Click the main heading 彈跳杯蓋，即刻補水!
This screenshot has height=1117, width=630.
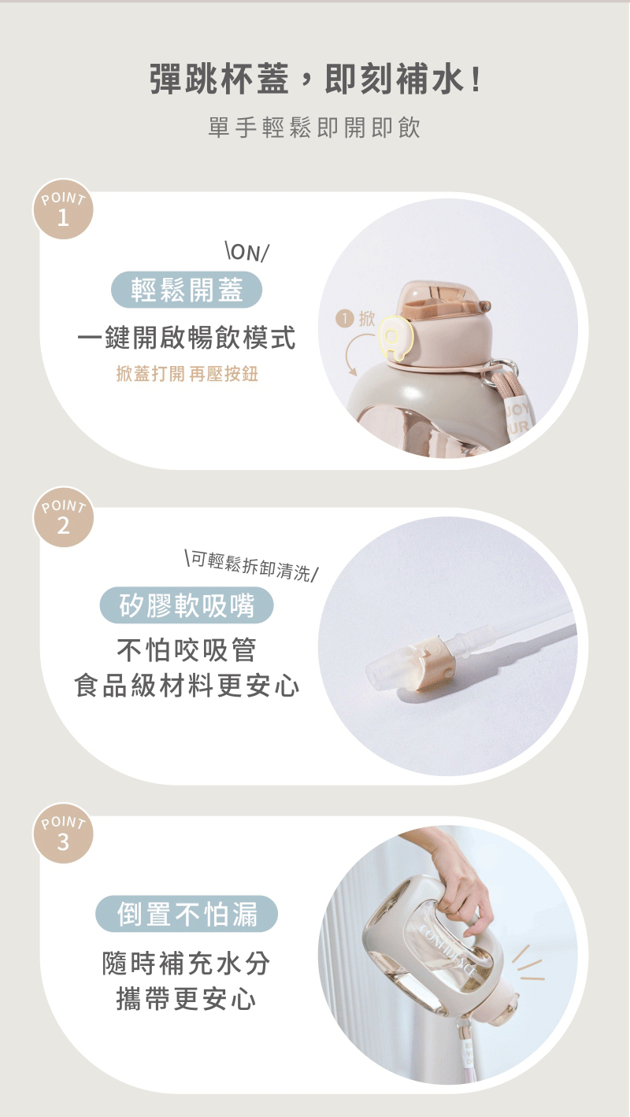pyautogui.click(x=315, y=79)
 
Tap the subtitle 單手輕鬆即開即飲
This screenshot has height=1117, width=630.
pyautogui.click(x=314, y=128)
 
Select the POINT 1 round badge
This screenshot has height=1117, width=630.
pyautogui.click(x=63, y=209)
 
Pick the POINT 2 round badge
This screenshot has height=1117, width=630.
pyautogui.click(x=63, y=516)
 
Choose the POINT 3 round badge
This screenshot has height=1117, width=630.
pyautogui.click(x=63, y=833)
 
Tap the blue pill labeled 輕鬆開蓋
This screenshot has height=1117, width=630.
pyautogui.click(x=187, y=290)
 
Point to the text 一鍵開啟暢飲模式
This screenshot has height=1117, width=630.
pyautogui.click(x=187, y=338)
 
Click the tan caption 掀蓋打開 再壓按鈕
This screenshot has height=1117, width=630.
pyautogui.click(x=187, y=373)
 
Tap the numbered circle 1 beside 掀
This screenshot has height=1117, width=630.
pyautogui.click(x=345, y=318)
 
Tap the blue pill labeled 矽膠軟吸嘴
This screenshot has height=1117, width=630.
pyautogui.click(x=187, y=605)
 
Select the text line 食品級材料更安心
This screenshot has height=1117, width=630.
pyautogui.click(x=187, y=686)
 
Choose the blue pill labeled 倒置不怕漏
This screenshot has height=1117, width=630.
pyautogui.click(x=187, y=914)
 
